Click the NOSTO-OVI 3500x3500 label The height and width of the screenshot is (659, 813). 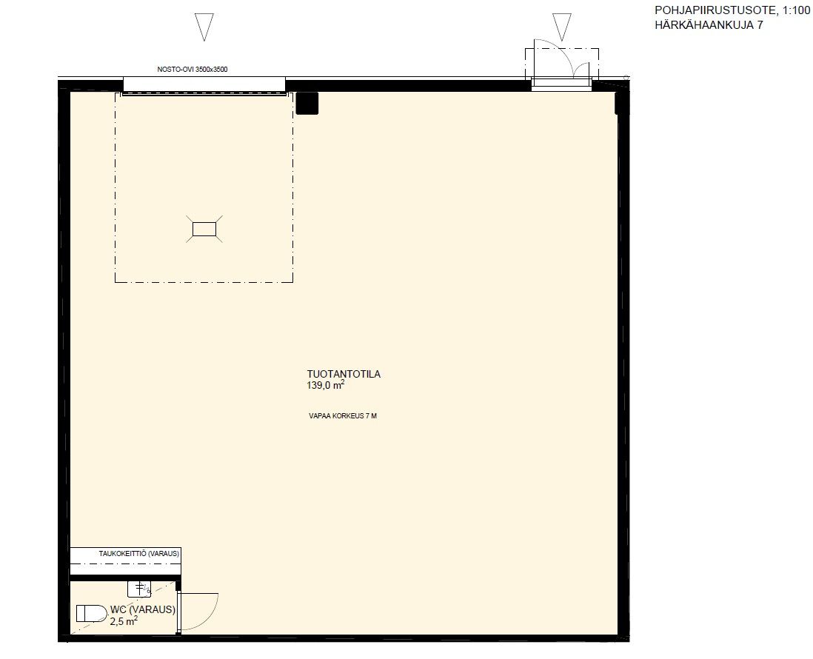coord(193,70)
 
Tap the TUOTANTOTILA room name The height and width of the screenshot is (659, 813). coord(344,374)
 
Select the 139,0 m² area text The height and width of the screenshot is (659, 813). coord(326,385)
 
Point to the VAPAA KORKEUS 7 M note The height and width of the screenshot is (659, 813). coord(343,416)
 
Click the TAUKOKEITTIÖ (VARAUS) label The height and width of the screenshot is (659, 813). coord(139,554)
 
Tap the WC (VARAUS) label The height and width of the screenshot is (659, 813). coord(143,609)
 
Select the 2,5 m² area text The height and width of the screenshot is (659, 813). coord(124,620)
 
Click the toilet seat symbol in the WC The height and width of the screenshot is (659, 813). coord(91,613)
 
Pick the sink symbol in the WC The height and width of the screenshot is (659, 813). coord(139,589)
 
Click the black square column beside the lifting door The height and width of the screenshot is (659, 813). coord(307,103)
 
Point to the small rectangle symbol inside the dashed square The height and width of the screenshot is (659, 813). coord(204,229)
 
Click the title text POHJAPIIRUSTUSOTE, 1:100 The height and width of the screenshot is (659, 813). coord(732,10)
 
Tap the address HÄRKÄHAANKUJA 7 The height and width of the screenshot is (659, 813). coord(709,25)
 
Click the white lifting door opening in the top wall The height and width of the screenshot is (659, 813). coord(204,84)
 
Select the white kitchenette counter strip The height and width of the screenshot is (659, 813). coord(125,561)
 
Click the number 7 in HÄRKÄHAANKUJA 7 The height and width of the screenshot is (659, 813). coord(760,25)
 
